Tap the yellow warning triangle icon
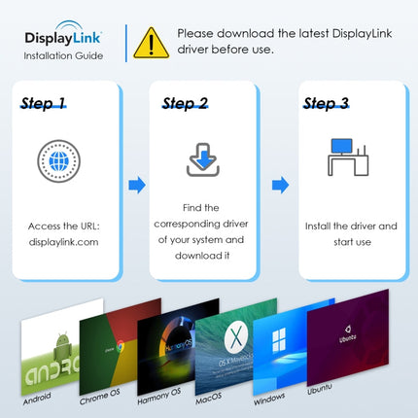click(x=151, y=42)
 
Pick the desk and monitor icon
click(x=349, y=157)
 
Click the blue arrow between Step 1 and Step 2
click(x=136, y=185)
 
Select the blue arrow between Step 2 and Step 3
click(x=280, y=185)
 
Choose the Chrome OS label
click(x=98, y=398)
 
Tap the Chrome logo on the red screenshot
click(x=121, y=349)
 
